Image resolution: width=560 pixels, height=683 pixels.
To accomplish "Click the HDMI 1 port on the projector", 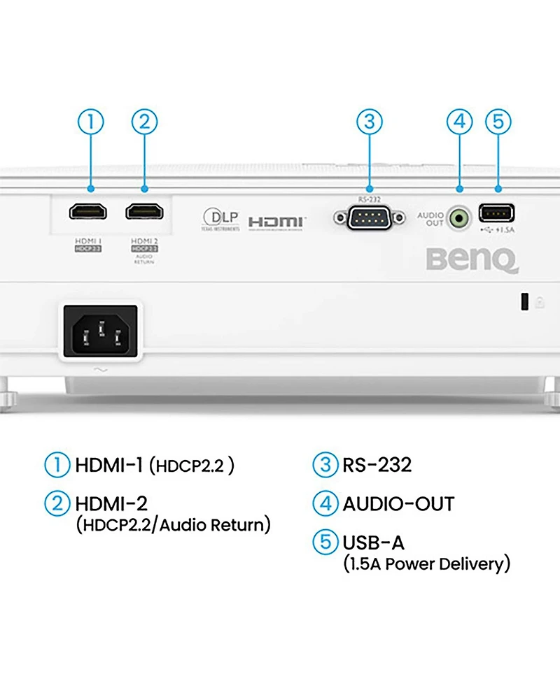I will tap(89, 210).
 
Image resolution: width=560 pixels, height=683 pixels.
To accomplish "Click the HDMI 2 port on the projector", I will tap(144, 210).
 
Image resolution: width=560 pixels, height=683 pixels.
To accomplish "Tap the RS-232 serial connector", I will tap(370, 218).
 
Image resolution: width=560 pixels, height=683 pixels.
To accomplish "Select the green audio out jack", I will tap(459, 219).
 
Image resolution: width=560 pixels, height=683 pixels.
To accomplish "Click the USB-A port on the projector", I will tap(496, 213).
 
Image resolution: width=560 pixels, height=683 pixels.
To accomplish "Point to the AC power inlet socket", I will tap(101, 329).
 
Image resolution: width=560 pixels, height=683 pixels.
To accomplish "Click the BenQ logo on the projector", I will tap(472, 261).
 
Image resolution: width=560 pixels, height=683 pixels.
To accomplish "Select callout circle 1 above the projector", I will tap(90, 122).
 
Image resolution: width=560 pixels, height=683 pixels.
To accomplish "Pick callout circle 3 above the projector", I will tap(370, 122).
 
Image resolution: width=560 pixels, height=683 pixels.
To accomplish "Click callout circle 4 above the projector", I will tap(459, 122).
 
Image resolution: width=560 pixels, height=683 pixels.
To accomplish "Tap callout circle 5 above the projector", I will tap(498, 122).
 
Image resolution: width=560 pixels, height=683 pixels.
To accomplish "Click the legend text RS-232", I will tap(377, 464).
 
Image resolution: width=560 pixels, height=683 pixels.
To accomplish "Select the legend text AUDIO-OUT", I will tap(398, 503).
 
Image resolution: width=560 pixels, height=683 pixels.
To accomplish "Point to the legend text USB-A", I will tap(373, 542).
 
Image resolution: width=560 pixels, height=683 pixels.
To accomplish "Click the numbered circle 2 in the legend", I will tap(58, 503).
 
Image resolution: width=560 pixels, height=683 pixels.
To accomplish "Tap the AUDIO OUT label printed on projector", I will tap(430, 219).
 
